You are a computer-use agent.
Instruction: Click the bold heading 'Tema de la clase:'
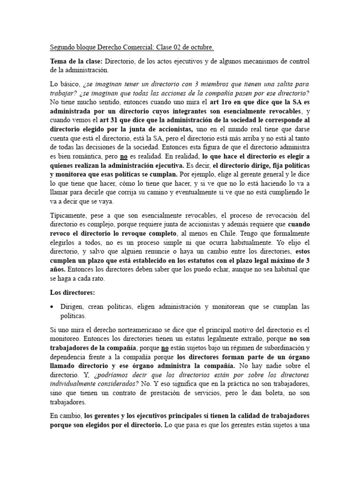(x=76, y=61)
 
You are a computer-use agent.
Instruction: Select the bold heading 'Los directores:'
(x=73, y=293)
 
